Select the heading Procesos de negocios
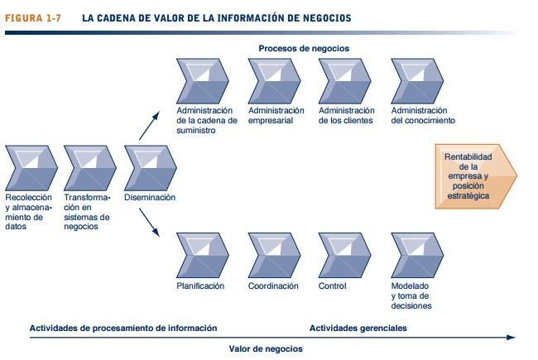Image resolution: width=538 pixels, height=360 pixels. point(304,48)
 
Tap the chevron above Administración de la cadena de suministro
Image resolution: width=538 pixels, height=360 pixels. point(203,80)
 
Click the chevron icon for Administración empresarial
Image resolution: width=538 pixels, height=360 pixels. point(274,80)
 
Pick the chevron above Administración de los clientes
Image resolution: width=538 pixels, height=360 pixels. point(345,80)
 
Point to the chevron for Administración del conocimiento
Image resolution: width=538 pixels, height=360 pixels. point(417,80)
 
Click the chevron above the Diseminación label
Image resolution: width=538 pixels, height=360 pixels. point(149,168)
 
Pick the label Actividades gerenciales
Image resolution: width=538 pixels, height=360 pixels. point(358,328)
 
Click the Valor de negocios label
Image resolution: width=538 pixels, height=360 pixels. point(266,348)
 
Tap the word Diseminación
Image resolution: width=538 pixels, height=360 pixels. point(149,198)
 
